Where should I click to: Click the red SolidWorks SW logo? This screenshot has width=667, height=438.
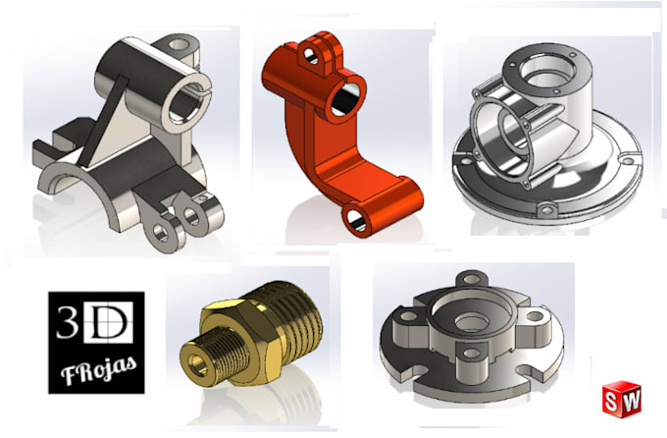622,402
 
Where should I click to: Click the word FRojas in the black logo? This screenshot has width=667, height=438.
96,373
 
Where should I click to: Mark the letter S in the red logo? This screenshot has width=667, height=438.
615,402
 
